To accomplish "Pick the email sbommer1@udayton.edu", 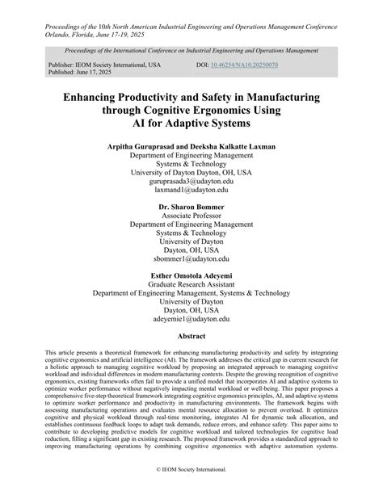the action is (x=191, y=260).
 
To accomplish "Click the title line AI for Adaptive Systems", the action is (x=191, y=124).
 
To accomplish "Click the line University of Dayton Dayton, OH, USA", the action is (x=191, y=173).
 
